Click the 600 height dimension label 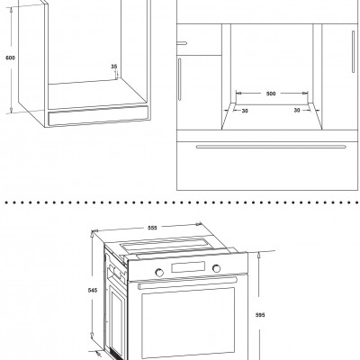click(10, 58)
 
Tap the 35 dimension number click(114, 67)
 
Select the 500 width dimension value click(271, 94)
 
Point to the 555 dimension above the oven click(152, 228)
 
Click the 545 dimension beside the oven click(93, 291)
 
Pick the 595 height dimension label click(260, 315)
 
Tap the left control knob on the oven click(159, 273)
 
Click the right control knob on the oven click(216, 268)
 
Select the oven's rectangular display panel click(188, 267)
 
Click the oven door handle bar click(187, 283)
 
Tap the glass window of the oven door click(188, 322)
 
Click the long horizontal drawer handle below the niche click(271, 147)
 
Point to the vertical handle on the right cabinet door click(354, 51)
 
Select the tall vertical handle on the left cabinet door click(180, 79)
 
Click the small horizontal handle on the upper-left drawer click(182, 43)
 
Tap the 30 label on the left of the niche click(245, 111)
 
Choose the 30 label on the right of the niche click(297, 111)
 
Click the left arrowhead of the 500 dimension click(238, 94)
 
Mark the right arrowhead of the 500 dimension click(306, 94)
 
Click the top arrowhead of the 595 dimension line click(259, 255)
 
